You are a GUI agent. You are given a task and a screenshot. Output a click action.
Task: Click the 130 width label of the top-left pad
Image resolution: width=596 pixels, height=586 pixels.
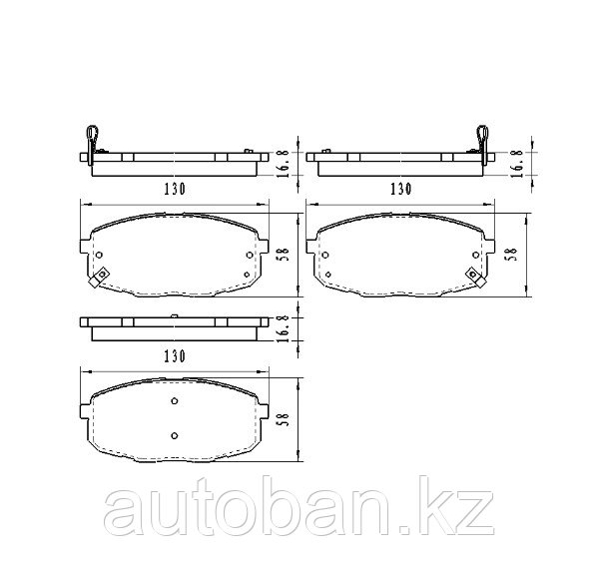[175, 189]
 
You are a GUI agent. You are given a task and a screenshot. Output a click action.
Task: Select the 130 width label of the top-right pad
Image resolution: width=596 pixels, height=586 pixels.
[401, 189]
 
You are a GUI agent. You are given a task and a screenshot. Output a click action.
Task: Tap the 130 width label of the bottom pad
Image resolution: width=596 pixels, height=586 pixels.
[175, 356]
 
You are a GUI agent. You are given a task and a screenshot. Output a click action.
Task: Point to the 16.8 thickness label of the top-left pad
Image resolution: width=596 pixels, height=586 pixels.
[285, 164]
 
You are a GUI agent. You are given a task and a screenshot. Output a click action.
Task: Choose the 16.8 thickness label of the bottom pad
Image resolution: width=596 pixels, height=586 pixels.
[285, 328]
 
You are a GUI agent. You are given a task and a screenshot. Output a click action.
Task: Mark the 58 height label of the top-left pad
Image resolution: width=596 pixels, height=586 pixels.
[285, 255]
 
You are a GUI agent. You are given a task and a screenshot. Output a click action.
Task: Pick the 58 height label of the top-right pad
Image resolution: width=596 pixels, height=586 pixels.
[512, 255]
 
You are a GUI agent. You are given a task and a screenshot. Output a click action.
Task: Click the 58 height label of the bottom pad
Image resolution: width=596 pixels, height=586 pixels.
[285, 419]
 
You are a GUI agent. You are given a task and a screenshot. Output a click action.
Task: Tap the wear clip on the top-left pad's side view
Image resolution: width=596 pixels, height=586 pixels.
[92, 145]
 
